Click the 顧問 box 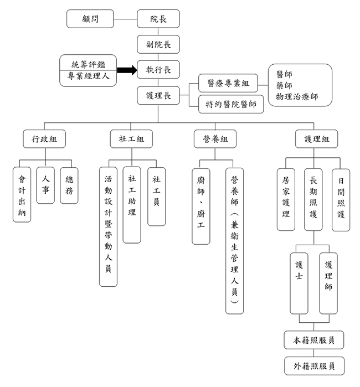click(90, 19)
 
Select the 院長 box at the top click(158, 19)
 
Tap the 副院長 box click(158, 44)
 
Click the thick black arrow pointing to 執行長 click(127, 70)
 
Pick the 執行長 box click(158, 70)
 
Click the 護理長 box click(158, 96)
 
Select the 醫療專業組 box click(228, 83)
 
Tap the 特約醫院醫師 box click(231, 104)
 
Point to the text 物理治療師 click(297, 96)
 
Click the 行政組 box click(44, 139)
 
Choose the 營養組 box click(215, 139)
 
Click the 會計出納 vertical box click(22, 194)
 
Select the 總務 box click(69, 185)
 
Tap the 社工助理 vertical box click(132, 205)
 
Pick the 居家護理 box click(286, 200)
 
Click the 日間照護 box click(341, 200)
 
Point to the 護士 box click(299, 283)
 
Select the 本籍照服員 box click(314, 340)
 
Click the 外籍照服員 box click(315, 366)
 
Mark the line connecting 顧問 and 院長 click(125, 19)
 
